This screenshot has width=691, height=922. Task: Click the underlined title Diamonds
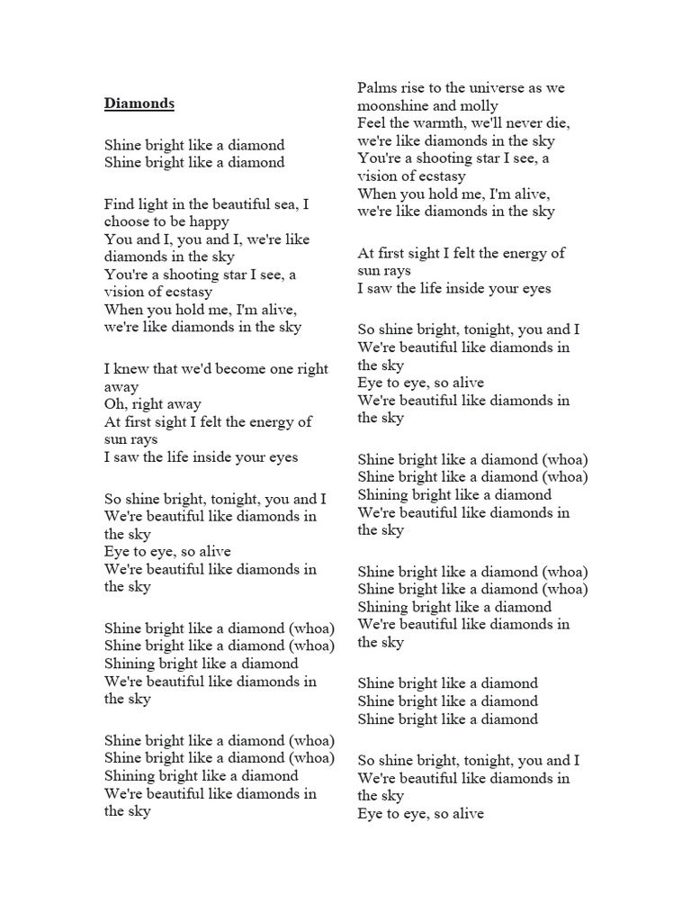pyautogui.click(x=139, y=104)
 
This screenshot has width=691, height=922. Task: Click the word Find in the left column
pyautogui.click(x=120, y=204)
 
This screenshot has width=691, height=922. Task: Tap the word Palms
pyautogui.click(x=377, y=88)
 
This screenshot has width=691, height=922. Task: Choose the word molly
pyautogui.click(x=478, y=106)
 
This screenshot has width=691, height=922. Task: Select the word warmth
pyautogui.click(x=440, y=123)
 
